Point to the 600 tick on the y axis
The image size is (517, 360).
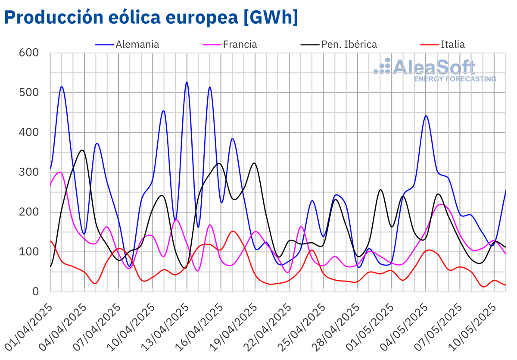tap(29, 53)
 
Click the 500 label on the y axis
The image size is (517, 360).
tap(29, 93)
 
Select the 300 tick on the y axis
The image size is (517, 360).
tap(29, 172)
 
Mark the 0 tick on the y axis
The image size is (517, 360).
tap(35, 291)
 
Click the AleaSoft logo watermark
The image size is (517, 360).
tap(435, 70)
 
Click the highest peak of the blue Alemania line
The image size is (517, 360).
tap(187, 82)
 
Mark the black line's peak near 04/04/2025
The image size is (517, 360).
tap(82, 150)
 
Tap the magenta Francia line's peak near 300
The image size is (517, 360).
tap(60, 172)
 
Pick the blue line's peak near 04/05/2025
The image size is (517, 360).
tap(426, 116)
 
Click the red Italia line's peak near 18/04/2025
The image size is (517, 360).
tap(233, 232)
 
